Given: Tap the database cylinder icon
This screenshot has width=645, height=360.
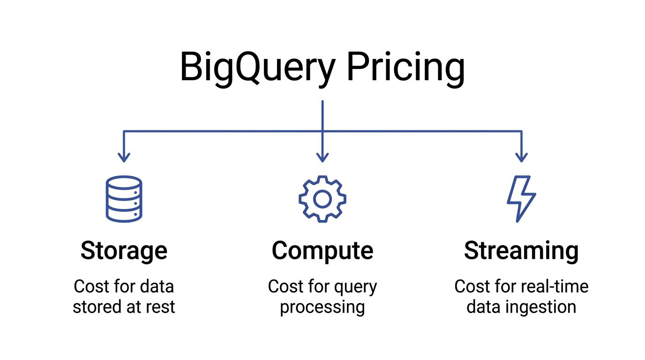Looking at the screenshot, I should pos(124,199).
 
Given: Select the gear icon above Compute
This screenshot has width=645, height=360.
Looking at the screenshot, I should pos(322,199).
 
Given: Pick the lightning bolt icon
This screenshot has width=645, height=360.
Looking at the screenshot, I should pos(521,198).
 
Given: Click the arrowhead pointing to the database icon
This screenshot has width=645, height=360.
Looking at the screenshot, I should pos(124,157).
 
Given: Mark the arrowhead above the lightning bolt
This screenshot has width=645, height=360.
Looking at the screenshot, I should pos(521,157).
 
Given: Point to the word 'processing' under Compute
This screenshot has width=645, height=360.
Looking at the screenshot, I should pos(322,307).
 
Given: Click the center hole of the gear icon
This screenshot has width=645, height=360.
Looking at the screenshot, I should pos(322,199).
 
